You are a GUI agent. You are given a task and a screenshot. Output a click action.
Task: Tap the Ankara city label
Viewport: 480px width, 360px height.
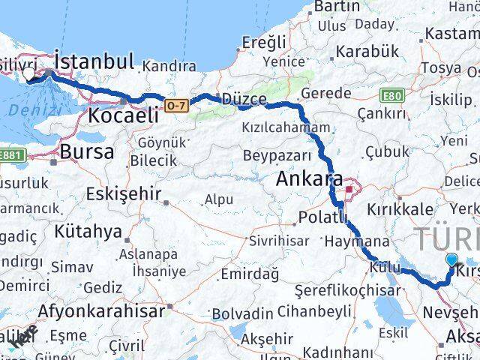click(309, 180)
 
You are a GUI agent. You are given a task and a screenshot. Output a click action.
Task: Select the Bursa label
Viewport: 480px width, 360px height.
click(88, 151)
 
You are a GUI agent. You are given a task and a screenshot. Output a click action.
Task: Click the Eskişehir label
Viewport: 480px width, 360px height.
click(124, 194)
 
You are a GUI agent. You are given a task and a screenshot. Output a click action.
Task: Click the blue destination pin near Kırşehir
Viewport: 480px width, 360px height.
click(451, 260)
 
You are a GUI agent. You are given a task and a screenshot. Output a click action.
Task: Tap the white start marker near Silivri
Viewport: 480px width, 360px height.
click(30, 75)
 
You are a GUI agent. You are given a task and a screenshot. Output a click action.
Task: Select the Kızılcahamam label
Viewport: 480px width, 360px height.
click(285, 128)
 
